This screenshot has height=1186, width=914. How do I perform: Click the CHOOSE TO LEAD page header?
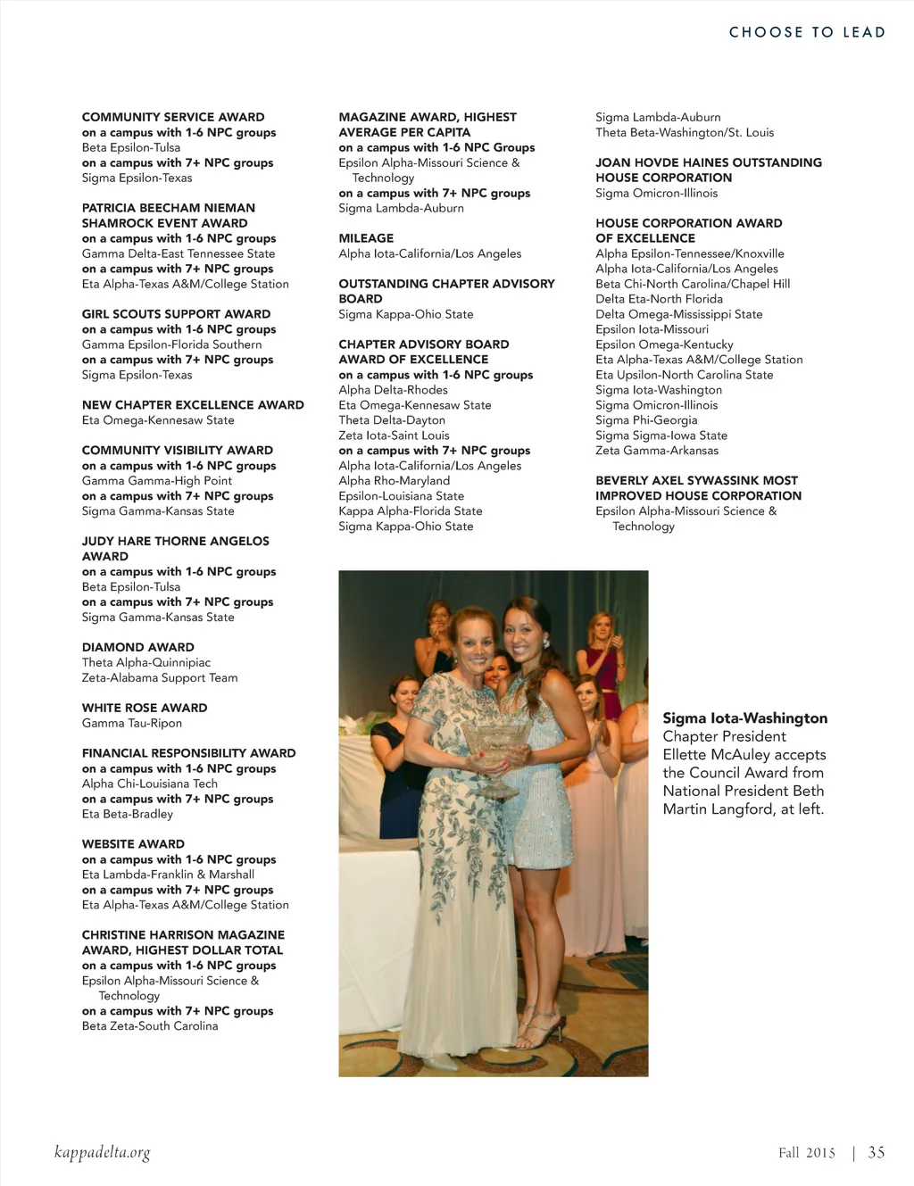[x=807, y=32]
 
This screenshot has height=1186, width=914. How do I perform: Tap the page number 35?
[x=877, y=1152]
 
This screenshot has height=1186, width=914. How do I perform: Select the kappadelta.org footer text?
[x=102, y=1152]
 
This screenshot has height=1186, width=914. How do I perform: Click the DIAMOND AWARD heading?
[x=137, y=647]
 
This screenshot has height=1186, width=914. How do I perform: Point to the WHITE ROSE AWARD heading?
[x=145, y=708]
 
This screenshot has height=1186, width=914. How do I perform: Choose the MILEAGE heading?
[x=366, y=238]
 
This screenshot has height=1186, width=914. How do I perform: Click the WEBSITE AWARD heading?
[x=133, y=843]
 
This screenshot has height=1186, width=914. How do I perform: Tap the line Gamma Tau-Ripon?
[x=131, y=723]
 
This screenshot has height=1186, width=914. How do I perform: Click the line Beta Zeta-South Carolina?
[x=150, y=1025]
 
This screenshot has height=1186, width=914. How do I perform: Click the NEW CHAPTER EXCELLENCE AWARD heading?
[x=193, y=404]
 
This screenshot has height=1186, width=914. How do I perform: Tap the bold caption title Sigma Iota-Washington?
[x=744, y=718]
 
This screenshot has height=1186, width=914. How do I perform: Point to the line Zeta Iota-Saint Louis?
[x=394, y=435]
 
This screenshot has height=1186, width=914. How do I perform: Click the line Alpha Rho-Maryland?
[x=394, y=480]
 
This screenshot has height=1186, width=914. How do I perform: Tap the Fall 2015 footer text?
[x=806, y=1152]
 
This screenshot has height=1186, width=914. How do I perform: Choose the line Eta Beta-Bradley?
[x=128, y=814]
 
